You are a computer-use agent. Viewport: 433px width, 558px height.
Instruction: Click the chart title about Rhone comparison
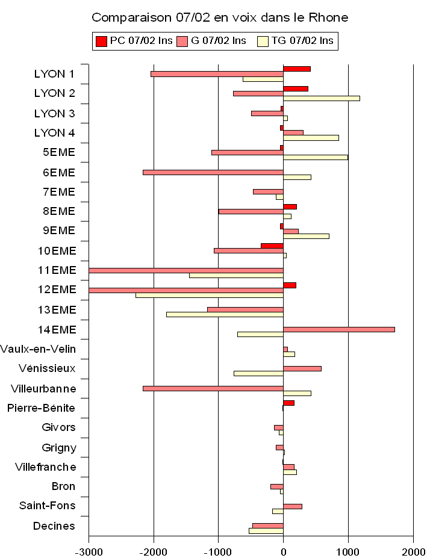pyautogui.click(x=220, y=17)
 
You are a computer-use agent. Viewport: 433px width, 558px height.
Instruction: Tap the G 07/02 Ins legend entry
pyautogui.click(x=211, y=41)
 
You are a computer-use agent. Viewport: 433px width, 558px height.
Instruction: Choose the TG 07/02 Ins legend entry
pyautogui.click(x=294, y=41)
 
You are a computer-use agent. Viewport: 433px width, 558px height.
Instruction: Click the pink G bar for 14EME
pyautogui.click(x=339, y=329)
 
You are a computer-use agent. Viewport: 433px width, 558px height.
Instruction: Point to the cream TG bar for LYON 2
pyautogui.click(x=322, y=98)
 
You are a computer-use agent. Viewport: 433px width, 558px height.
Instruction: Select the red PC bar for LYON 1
pyautogui.click(x=297, y=69)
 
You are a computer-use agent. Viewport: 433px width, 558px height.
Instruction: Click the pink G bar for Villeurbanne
pyautogui.click(x=213, y=388)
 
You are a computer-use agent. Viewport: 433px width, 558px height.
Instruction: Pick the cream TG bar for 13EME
pyautogui.click(x=225, y=314)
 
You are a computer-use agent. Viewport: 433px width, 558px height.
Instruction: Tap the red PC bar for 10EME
pyautogui.click(x=272, y=246)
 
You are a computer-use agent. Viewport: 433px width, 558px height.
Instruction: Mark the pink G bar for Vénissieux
pyautogui.click(x=302, y=368)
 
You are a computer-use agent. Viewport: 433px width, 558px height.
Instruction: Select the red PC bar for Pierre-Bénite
pyautogui.click(x=289, y=403)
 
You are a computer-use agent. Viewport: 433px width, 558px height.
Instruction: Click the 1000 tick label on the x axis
pyautogui.click(x=348, y=550)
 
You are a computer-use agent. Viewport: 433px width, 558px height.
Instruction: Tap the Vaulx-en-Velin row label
pyautogui.click(x=38, y=349)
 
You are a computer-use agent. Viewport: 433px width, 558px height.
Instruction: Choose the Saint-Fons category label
pyautogui.click(x=48, y=506)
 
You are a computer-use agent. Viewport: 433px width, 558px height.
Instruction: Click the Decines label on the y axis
pyautogui.click(x=54, y=526)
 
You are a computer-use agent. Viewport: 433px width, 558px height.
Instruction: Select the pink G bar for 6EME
pyautogui.click(x=213, y=172)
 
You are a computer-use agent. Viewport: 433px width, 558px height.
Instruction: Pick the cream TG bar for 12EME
pyautogui.click(x=210, y=295)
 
